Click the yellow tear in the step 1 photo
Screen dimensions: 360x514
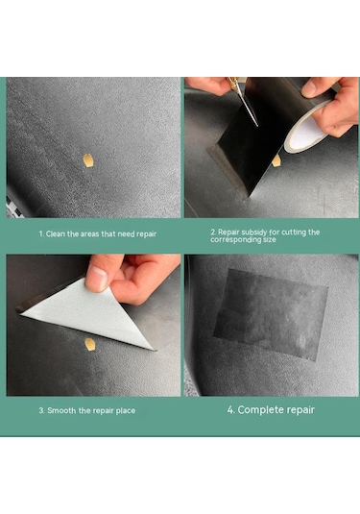pos(87,160)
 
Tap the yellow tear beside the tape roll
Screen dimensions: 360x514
pos(276,160)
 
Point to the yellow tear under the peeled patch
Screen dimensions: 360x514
pos(89,344)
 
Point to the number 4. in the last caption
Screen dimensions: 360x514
pos(231,409)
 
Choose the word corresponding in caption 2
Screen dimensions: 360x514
pos(231,239)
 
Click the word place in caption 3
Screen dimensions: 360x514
pos(126,411)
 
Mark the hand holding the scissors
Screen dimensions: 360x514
pos(209,85)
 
